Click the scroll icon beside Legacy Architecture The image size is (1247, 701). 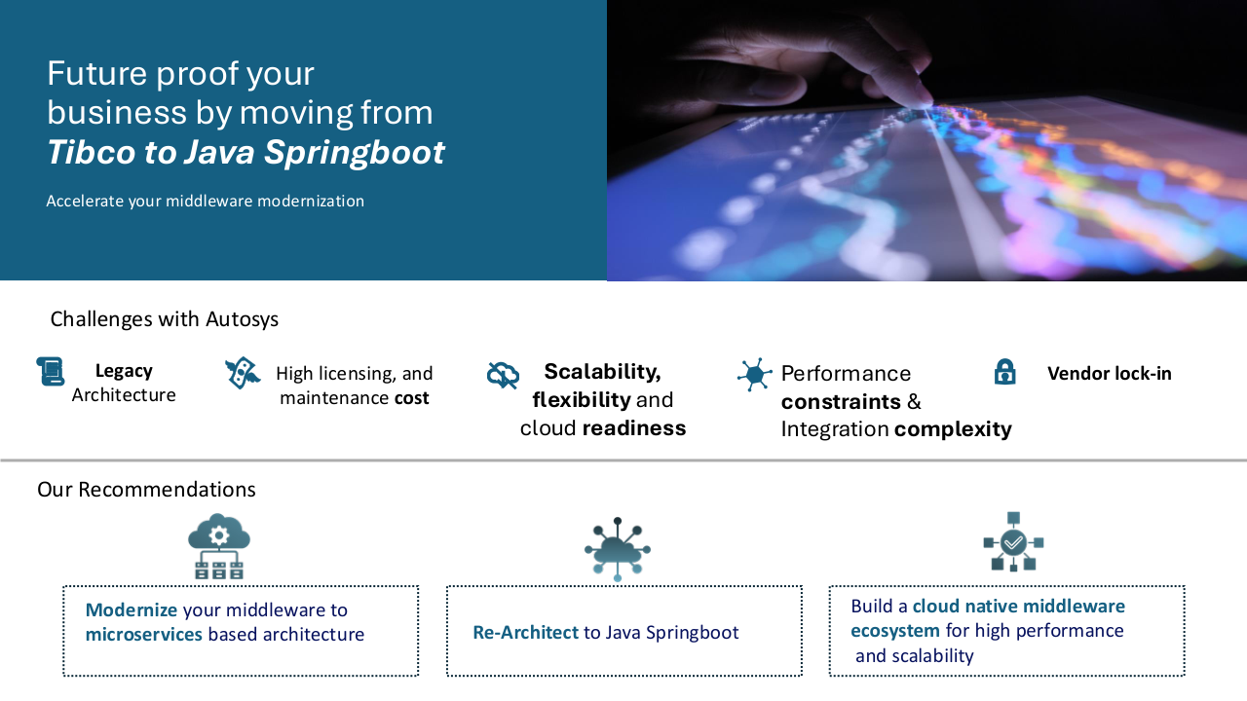pyautogui.click(x=51, y=371)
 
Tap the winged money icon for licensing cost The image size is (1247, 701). pyautogui.click(x=243, y=373)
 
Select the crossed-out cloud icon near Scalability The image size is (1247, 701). pyautogui.click(x=503, y=375)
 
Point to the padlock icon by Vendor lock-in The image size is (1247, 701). pyautogui.click(x=1004, y=372)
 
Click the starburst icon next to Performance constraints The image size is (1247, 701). pyautogui.click(x=755, y=375)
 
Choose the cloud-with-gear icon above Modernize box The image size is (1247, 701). pyautogui.click(x=219, y=546)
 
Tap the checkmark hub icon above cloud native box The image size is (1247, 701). pyautogui.click(x=1013, y=542)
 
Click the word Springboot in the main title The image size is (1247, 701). pyautogui.click(x=354, y=152)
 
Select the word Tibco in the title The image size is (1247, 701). pyautogui.click(x=92, y=152)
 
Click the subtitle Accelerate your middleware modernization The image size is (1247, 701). pyautogui.click(x=205, y=201)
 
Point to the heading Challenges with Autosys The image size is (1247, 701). pyautogui.click(x=165, y=319)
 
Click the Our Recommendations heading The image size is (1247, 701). pyautogui.click(x=146, y=490)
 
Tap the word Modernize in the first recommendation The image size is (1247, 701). pyautogui.click(x=132, y=609)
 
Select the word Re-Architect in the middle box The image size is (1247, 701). pyautogui.click(x=526, y=632)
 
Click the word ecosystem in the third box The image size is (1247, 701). pyautogui.click(x=895, y=631)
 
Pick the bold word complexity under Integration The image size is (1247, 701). pyautogui.click(x=953, y=429)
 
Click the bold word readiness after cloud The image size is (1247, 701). pyautogui.click(x=634, y=427)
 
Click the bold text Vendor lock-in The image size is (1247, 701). pyautogui.click(x=1110, y=373)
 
